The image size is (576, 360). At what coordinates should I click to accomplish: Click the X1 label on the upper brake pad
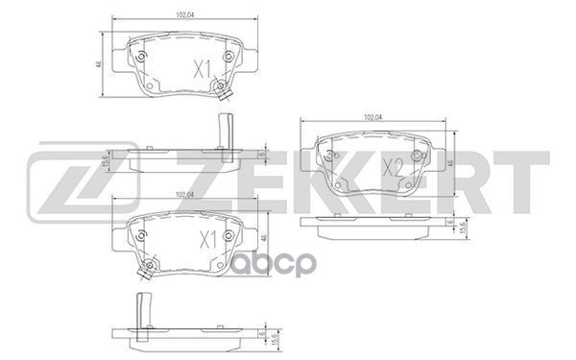pyautogui.click(x=203, y=68)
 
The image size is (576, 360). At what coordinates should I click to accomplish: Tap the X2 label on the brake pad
pyautogui.click(x=393, y=167)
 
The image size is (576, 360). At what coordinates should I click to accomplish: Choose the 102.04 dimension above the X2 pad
pyautogui.click(x=372, y=116)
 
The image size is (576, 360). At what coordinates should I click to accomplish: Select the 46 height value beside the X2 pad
pyautogui.click(x=453, y=164)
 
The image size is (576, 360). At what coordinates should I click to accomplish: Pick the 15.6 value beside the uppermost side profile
pyautogui.click(x=105, y=156)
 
